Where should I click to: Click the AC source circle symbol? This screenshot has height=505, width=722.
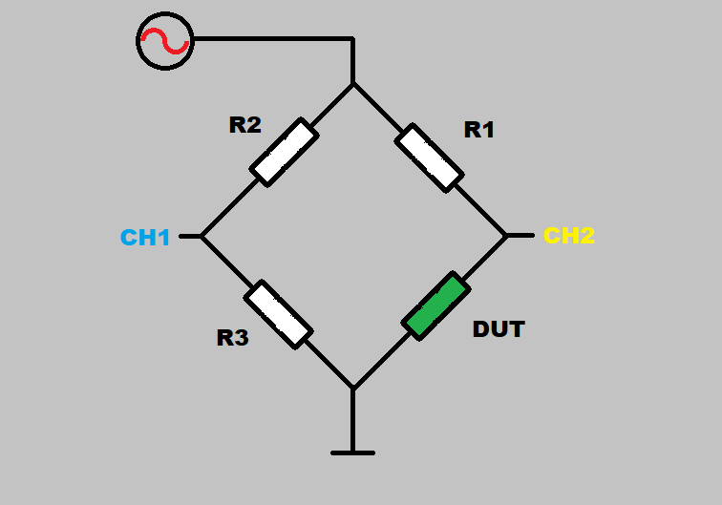pos(164,40)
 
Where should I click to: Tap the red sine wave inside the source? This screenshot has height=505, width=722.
pos(164,41)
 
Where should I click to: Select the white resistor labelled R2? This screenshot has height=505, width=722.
pos(284,152)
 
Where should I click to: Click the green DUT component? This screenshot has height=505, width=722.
pos(435,305)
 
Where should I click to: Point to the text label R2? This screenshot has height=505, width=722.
pos(245,125)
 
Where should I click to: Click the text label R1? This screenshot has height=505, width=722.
pos(478,130)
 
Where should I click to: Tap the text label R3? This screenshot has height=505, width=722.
pos(232,337)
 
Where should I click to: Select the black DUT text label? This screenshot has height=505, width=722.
pos(499,329)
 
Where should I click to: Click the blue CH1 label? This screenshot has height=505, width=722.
pos(145,237)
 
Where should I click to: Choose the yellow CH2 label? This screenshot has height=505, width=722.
pos(568,236)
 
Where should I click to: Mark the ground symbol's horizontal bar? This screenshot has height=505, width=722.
pos(352,452)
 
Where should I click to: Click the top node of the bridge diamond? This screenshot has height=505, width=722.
pos(353,83)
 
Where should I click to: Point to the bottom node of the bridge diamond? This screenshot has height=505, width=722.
pos(352,389)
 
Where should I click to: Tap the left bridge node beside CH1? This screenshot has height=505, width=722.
pos(202,236)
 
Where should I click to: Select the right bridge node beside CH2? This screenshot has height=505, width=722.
pos(505,235)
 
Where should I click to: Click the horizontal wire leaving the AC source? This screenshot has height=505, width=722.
pos(272,39)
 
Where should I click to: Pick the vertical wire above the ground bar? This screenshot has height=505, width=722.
pos(352,420)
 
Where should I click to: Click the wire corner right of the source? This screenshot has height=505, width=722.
pos(352,39)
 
